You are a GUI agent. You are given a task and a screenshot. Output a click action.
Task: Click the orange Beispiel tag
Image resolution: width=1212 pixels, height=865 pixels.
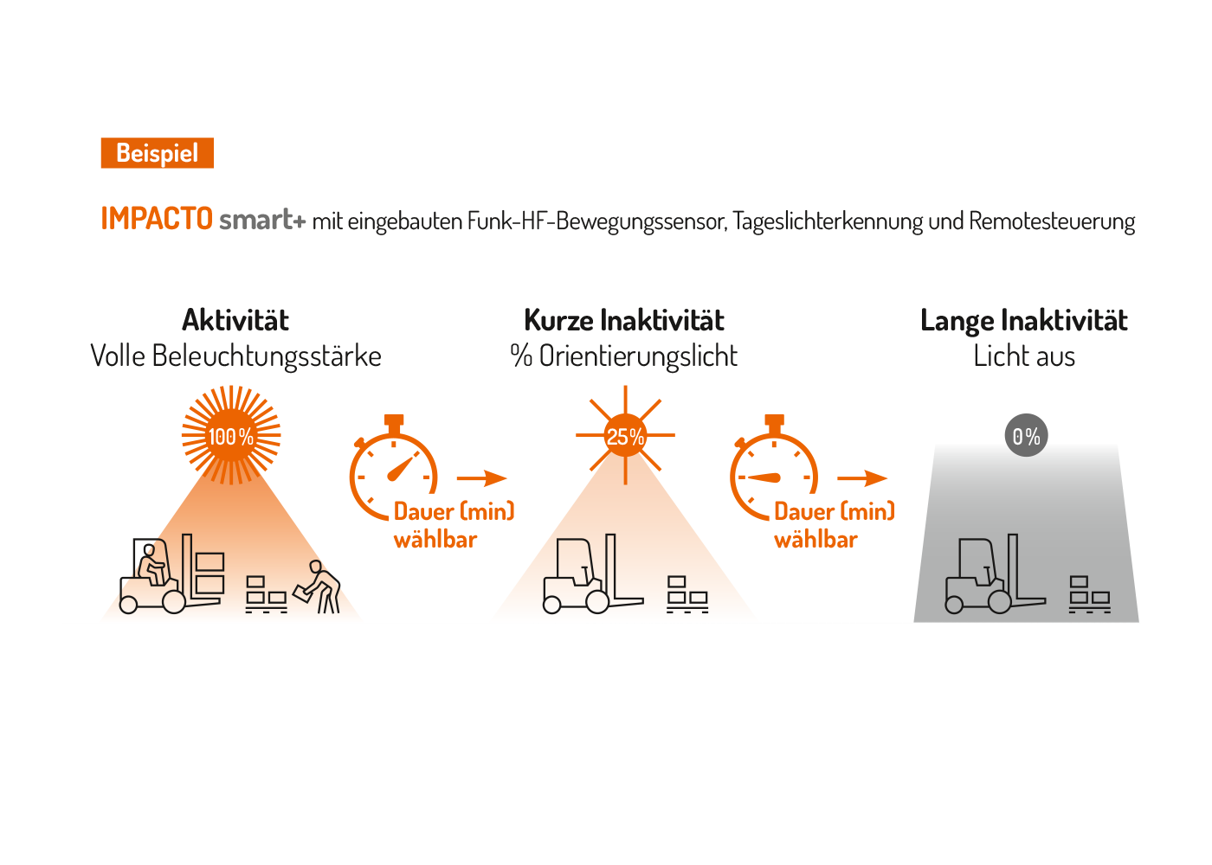[x=157, y=153]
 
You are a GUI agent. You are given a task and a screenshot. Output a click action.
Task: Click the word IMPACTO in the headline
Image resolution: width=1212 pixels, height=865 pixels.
[x=157, y=219]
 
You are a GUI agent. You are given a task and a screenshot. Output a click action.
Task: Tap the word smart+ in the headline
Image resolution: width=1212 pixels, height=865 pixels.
[x=261, y=220]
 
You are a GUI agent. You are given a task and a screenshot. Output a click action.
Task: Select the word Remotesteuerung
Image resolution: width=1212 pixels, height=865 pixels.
[x=1052, y=221]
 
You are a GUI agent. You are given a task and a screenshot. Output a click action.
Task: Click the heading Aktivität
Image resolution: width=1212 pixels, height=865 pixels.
[x=235, y=320]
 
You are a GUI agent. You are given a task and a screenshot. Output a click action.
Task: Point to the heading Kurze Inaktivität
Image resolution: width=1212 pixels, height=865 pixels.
[x=624, y=320]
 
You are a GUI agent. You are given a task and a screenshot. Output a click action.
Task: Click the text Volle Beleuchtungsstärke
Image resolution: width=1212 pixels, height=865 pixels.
[x=235, y=356]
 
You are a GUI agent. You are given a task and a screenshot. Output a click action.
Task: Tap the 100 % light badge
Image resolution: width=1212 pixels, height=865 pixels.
[x=231, y=436]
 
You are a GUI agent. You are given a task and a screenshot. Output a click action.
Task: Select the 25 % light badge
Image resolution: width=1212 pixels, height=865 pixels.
[x=625, y=436]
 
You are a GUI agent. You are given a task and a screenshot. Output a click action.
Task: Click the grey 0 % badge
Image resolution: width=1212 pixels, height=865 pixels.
[x=1026, y=436]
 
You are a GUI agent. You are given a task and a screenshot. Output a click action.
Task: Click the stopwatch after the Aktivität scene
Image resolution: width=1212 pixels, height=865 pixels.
[x=393, y=471]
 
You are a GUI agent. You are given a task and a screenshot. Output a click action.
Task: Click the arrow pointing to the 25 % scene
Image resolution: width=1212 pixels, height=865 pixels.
[x=481, y=478]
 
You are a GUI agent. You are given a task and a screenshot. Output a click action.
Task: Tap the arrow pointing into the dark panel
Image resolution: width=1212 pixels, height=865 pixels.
[x=862, y=478]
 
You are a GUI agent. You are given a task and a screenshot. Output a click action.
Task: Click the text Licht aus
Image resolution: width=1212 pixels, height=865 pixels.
[x=1024, y=356]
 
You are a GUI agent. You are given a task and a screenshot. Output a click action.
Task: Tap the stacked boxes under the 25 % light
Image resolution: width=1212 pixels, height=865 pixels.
[x=687, y=594]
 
